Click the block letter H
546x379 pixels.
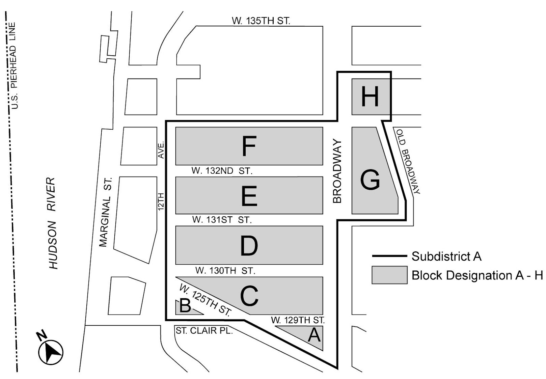pos(370,97)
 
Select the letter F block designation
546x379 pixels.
pos(249,146)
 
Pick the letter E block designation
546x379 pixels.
pos(249,196)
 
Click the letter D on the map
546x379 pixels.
pos(249,246)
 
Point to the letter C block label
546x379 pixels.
pos(249,296)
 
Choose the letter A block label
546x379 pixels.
pos(314,335)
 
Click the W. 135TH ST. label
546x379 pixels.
pos(261,21)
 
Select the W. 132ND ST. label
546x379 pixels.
pos(222,171)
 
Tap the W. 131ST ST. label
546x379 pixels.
pos(222,220)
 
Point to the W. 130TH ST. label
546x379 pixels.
pos(225,271)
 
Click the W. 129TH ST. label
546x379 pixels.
pos(298,320)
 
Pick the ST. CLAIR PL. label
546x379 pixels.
pos(204,331)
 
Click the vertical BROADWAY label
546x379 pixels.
pos(337,171)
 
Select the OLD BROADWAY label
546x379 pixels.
pos(408,161)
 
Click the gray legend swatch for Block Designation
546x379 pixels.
pos(389,275)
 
